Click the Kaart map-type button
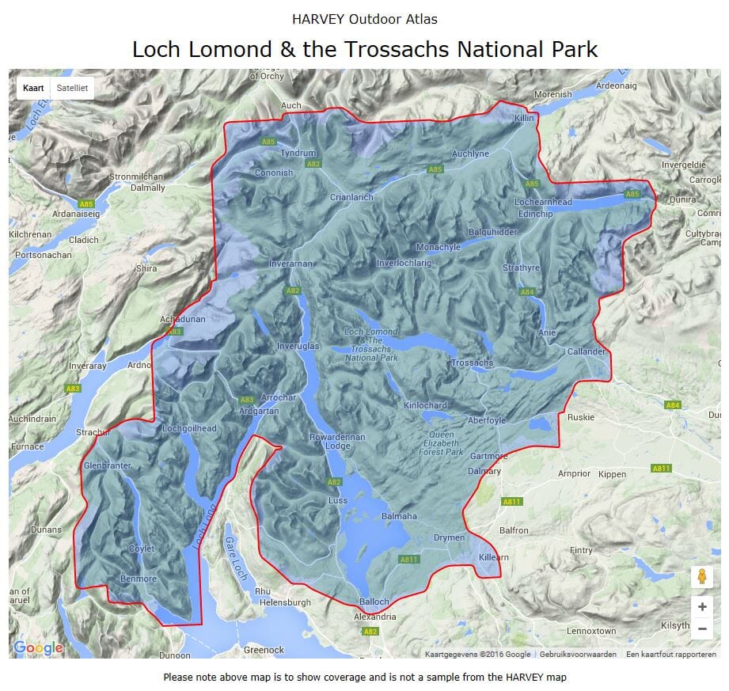[33, 88]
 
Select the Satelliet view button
[72, 88]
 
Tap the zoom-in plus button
[701, 607]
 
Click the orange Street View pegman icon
[701, 577]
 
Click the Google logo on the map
[38, 648]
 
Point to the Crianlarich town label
[351, 197]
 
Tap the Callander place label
[587, 351]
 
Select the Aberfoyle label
[487, 420]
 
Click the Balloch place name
[374, 602]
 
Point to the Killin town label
[525, 117]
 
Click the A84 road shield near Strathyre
[527, 292]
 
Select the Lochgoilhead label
[189, 428]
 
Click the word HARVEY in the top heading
[318, 19]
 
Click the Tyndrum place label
[298, 153]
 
